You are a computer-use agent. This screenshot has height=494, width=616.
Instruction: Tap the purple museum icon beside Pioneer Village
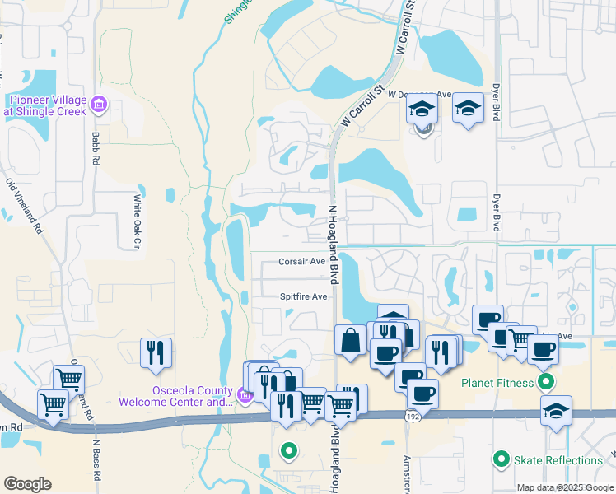pos(99,105)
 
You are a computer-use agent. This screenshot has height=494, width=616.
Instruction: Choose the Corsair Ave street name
pos(301,261)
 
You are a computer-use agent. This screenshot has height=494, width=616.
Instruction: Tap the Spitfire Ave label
pos(303,296)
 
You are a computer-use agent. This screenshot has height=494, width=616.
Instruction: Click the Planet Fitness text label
pos(497,382)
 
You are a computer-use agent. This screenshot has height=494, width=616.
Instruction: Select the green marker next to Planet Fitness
pos(545,382)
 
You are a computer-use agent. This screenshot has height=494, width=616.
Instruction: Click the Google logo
pos(27,484)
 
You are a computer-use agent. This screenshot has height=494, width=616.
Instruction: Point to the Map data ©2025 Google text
pos(565,487)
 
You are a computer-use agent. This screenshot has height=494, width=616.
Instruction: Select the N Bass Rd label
pos(96,461)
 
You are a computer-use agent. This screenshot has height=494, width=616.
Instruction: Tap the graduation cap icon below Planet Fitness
pos(557,410)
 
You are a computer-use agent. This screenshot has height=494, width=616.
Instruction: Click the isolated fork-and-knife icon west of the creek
pos(156,352)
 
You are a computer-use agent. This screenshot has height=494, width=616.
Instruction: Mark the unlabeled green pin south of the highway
pos(288,450)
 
